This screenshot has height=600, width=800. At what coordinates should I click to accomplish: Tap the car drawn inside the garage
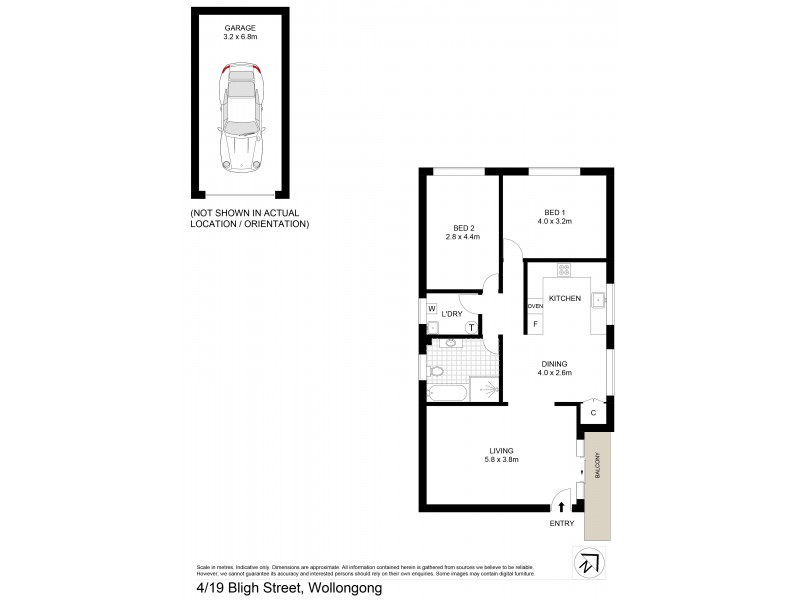240,114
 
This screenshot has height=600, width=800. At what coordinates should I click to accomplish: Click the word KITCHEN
564,298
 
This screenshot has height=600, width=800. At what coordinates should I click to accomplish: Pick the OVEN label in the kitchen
535,306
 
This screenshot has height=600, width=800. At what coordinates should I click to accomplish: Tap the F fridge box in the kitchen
535,323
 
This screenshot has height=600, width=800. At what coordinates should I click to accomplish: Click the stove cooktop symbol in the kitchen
563,269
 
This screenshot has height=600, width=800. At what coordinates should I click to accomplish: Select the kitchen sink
598,297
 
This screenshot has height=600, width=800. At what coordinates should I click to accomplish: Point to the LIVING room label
502,454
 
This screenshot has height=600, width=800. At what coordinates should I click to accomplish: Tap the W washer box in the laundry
432,309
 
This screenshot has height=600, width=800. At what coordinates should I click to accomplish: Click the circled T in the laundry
470,325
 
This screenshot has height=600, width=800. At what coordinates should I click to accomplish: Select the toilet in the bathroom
435,371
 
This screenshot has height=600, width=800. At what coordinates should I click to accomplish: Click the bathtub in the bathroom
447,394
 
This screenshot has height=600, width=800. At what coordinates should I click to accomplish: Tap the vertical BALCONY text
598,466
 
